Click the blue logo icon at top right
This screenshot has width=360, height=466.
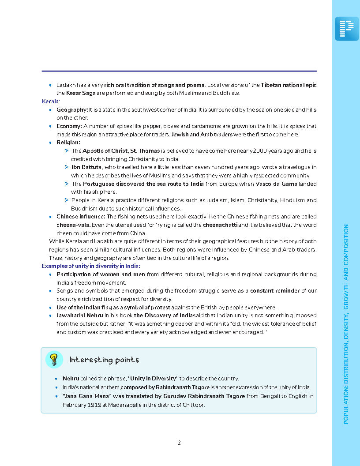[x=347, y=29]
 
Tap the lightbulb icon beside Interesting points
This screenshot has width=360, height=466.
[x=54, y=360]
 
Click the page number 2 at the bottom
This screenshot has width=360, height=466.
[x=179, y=443]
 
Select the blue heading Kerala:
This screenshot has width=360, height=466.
[x=51, y=101]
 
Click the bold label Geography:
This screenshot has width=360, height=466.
[x=72, y=109]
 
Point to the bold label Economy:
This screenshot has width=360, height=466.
[x=69, y=126]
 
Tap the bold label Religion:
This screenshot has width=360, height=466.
[x=68, y=143]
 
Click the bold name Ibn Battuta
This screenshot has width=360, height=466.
[x=86, y=167]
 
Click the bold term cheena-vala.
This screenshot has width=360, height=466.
[x=73, y=225]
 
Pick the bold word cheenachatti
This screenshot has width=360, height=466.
[x=220, y=225]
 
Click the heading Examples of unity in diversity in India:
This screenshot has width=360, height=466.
[x=91, y=266]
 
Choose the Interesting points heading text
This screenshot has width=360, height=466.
[x=104, y=360]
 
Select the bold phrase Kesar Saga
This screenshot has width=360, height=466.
[x=81, y=93]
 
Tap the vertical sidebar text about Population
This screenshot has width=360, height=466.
[x=346, y=324]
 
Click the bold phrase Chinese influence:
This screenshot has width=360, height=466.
[x=81, y=217]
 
